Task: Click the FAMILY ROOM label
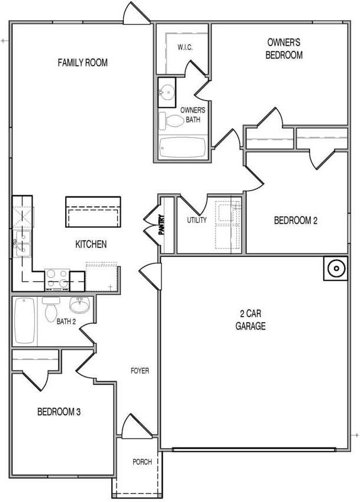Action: point(82,62)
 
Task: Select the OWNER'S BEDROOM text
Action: point(285,49)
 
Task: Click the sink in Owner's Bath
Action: point(168,92)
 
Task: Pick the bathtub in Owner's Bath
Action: point(182,147)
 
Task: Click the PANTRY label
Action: point(161,224)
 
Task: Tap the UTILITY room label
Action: point(197,220)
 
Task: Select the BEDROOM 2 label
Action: point(295,221)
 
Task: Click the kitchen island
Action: point(94,210)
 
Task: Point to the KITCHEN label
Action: point(91,244)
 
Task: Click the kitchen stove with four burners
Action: point(57,278)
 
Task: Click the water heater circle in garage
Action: point(335,268)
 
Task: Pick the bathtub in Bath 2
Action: point(25,321)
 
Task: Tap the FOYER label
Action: point(140,371)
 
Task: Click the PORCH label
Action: point(142,462)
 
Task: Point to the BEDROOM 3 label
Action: point(59,411)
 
